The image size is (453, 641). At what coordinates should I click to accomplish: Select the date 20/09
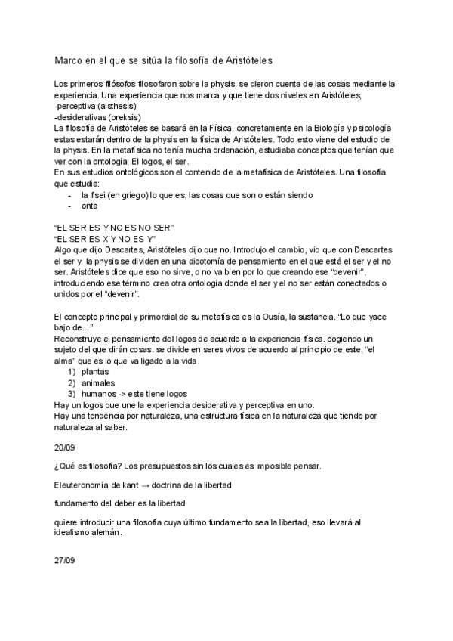pyautogui.click(x=66, y=447)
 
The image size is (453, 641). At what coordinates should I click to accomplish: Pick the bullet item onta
pyautogui.click(x=90, y=206)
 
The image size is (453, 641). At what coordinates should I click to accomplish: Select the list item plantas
pyautogui.click(x=95, y=372)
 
